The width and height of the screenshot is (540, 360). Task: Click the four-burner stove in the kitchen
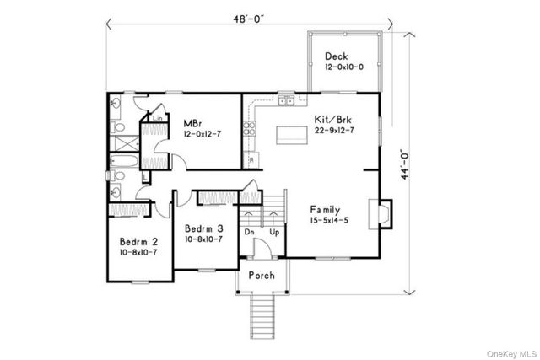tap(249, 129)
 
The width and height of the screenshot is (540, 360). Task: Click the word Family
tap(326, 209)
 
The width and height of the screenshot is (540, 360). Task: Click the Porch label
tap(261, 277)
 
